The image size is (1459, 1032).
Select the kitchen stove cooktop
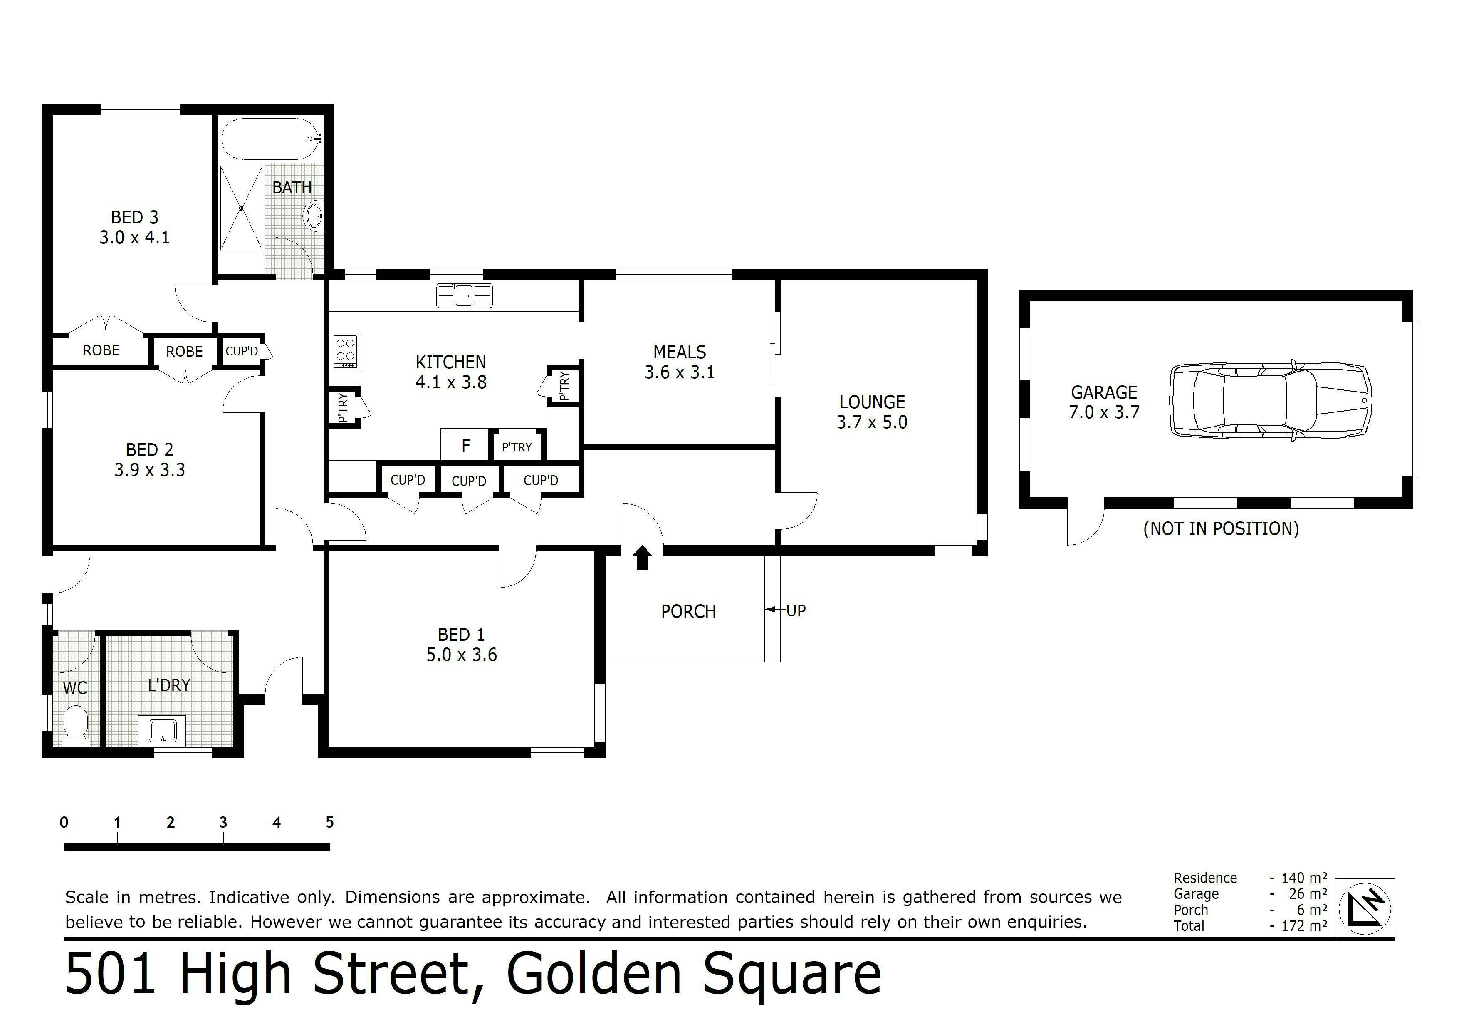tap(346, 351)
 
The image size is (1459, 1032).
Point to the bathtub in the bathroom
tap(271, 139)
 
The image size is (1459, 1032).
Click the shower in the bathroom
tap(242, 208)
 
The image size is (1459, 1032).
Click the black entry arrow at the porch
tap(643, 557)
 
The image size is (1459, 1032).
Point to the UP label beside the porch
tap(796, 610)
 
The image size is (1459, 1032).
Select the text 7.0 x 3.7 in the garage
tap(1104, 412)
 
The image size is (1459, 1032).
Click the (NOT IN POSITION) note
tap(1221, 528)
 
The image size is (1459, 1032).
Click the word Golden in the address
tap(593, 973)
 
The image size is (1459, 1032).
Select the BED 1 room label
tap(461, 635)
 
